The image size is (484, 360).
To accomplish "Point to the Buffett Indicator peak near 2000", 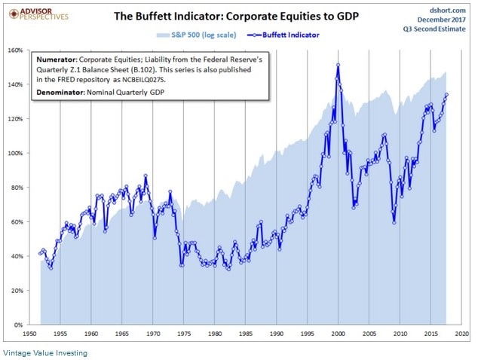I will coord(338,65).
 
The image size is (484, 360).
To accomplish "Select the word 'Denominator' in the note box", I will coord(63,91).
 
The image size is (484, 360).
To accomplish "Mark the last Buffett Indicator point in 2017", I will coord(447,95).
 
